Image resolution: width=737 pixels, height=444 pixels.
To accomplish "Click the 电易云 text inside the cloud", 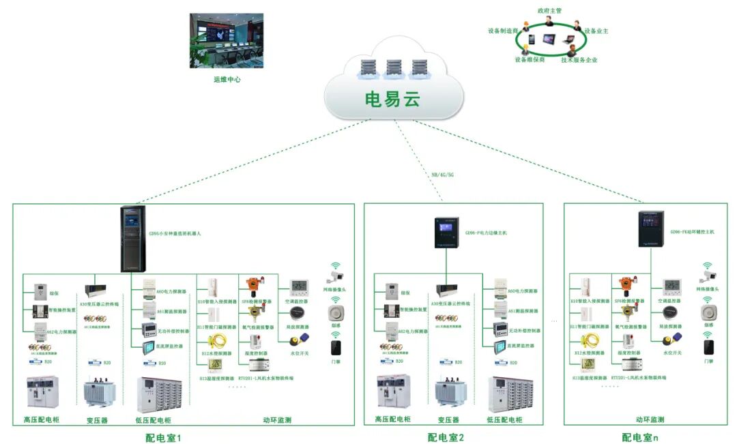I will tap(392, 100).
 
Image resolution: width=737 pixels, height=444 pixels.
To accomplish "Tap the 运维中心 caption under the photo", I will tap(227, 80).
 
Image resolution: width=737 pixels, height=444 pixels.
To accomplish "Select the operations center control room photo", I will tap(226, 40).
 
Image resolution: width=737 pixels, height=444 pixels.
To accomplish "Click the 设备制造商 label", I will tap(504, 31).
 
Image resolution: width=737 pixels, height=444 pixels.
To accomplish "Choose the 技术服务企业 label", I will tap(579, 60).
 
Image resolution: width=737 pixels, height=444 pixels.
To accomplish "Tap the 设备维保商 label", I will tap(530, 59).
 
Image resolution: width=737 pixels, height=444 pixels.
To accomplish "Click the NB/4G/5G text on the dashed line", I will tap(442, 175).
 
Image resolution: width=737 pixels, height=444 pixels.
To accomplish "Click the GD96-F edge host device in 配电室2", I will tap(447, 233).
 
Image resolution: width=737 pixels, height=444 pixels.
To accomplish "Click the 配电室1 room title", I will tap(164, 437).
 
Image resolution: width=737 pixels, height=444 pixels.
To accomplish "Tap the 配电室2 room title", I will tap(446, 437).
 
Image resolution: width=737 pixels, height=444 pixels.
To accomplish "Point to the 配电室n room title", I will tap(639, 437).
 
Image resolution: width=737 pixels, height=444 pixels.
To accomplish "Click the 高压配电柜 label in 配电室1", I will tap(42, 419).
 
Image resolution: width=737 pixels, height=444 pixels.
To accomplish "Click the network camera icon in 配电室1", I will tap(334, 276).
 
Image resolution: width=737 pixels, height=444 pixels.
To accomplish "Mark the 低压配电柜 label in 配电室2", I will tap(505, 419).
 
